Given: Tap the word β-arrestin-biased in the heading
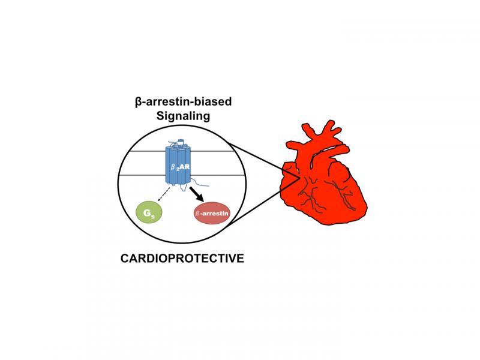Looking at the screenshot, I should click(x=183, y=102).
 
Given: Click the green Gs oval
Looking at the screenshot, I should click(x=148, y=212).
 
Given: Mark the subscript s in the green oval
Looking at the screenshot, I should click(x=152, y=215).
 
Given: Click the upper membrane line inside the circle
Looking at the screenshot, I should click(x=144, y=151).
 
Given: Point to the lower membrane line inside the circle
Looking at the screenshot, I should click(x=144, y=175).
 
